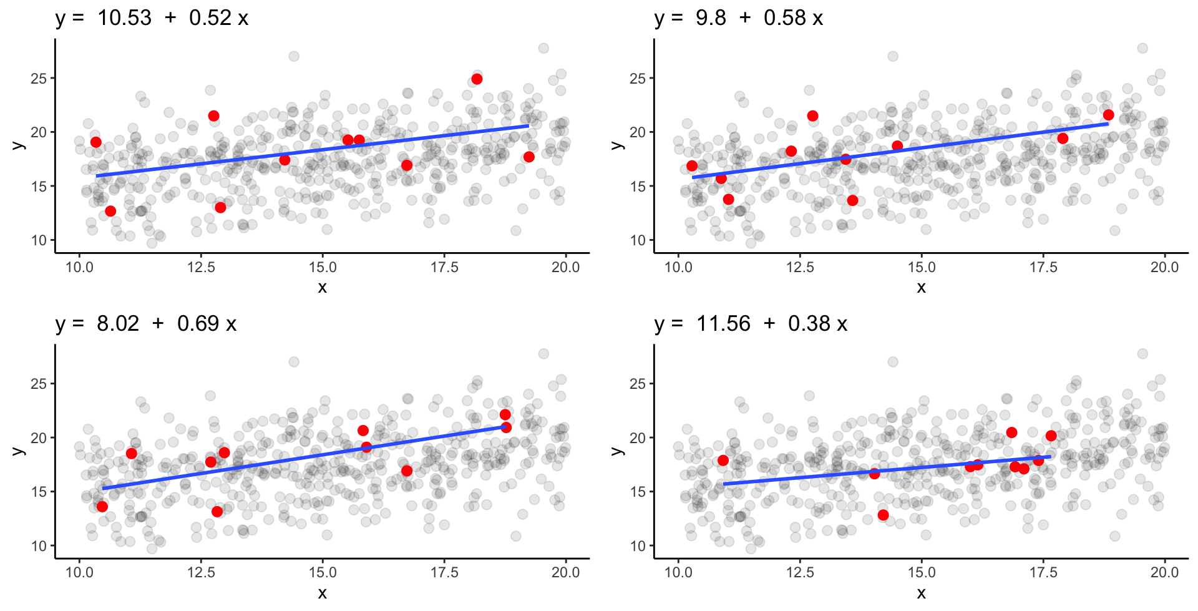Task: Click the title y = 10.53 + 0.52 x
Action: coord(152,18)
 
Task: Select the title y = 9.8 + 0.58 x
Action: coord(738,18)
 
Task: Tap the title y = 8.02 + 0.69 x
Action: coord(145,323)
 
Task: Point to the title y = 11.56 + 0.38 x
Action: coord(751,323)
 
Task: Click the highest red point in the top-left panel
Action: coord(477,79)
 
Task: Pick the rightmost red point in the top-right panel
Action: coord(1108,115)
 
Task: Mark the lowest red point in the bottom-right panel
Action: coord(883,515)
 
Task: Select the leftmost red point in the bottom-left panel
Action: coord(102,506)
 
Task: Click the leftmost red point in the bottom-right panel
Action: coord(723,461)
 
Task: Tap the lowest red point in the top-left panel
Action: coord(110,211)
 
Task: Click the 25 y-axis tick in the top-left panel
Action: coord(39,79)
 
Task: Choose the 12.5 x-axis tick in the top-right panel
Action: coord(800,268)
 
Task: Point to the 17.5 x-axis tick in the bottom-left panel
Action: coord(444,573)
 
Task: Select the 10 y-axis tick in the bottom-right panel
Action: coord(638,546)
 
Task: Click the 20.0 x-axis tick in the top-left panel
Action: coord(565,268)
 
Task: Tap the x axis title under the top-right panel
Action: coord(921,288)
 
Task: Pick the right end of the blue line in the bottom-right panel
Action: coord(1051,457)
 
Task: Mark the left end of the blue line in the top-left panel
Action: coord(97,176)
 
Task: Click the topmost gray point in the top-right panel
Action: coord(1142,49)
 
